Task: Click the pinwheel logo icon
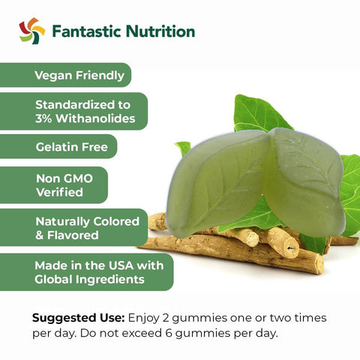tap(32, 31)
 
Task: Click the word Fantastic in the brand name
tap(86, 31)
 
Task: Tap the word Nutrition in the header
tap(160, 31)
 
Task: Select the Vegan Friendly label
tap(79, 76)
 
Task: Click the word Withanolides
tap(95, 118)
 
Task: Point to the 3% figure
tap(43, 118)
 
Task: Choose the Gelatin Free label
tap(72, 147)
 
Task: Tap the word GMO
tap(78, 178)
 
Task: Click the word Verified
tap(59, 192)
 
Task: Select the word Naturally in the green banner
tap(63, 222)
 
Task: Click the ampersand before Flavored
tap(39, 235)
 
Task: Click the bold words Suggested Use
tap(78, 318)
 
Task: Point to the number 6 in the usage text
tap(169, 333)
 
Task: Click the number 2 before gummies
tap(166, 318)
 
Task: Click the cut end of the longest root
tap(319, 265)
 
